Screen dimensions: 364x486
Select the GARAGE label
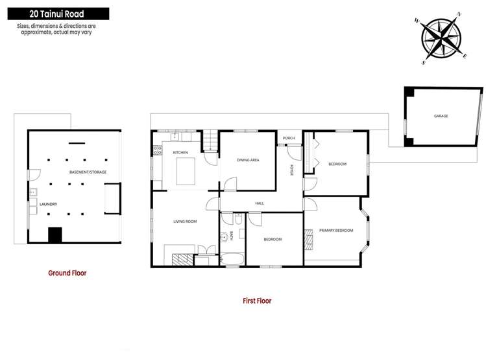[441, 116]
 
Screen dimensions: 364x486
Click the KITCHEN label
[180, 152]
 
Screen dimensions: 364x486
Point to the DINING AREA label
[248, 159]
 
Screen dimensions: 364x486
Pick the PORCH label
[289, 138]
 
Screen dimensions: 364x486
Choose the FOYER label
[293, 171]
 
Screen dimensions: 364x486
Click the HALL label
[260, 203]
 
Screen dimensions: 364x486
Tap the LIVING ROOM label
[185, 222]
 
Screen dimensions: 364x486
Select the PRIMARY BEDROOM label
[336, 230]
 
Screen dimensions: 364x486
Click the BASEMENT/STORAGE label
[88, 172]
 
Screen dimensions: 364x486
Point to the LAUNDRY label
[49, 204]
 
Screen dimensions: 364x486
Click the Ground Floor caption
[67, 273]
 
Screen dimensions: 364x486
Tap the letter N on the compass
[459, 14]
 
